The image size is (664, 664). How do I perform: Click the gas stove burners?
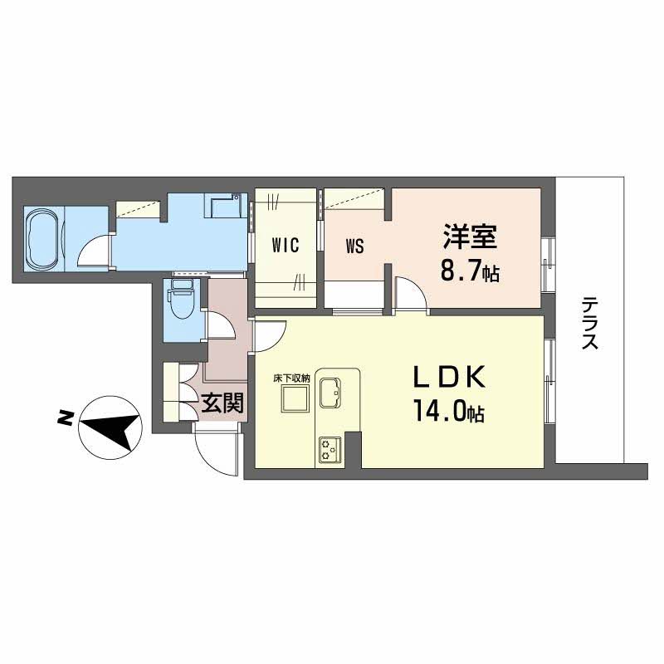click(x=330, y=450)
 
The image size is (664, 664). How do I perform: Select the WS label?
click(x=354, y=246)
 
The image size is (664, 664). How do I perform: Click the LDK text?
click(x=449, y=378)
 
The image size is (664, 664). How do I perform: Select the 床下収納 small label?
click(x=291, y=378)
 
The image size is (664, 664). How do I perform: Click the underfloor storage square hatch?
click(x=293, y=399)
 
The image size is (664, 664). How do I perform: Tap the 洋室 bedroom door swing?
click(x=409, y=295)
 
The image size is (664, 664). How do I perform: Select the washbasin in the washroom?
click(x=222, y=204)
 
